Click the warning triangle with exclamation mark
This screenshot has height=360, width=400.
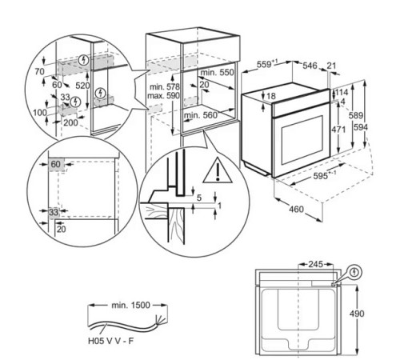tap(218, 170)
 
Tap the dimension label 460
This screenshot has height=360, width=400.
tap(296, 209)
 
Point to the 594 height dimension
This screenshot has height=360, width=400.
tap(361, 127)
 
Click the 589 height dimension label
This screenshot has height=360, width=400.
tap(356, 115)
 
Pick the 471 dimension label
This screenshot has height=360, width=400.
tap(338, 130)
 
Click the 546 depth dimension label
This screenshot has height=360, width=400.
tap(310, 66)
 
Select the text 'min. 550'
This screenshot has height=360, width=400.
tap(217, 72)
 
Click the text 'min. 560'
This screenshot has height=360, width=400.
tap(201, 115)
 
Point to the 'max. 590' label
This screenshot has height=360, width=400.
tap(163, 95)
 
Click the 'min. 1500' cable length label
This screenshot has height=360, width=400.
tap(130, 305)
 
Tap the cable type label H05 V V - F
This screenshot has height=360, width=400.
tap(110, 341)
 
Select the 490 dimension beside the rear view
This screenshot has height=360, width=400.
tap(357, 314)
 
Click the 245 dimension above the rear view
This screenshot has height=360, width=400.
tap(316, 264)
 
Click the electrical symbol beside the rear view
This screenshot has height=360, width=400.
tap(354, 272)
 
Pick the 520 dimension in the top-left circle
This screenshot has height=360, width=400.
tap(82, 86)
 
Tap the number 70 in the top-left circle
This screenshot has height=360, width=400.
tap(39, 71)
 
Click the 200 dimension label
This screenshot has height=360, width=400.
tap(70, 122)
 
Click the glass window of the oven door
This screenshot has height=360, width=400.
tap(302, 140)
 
